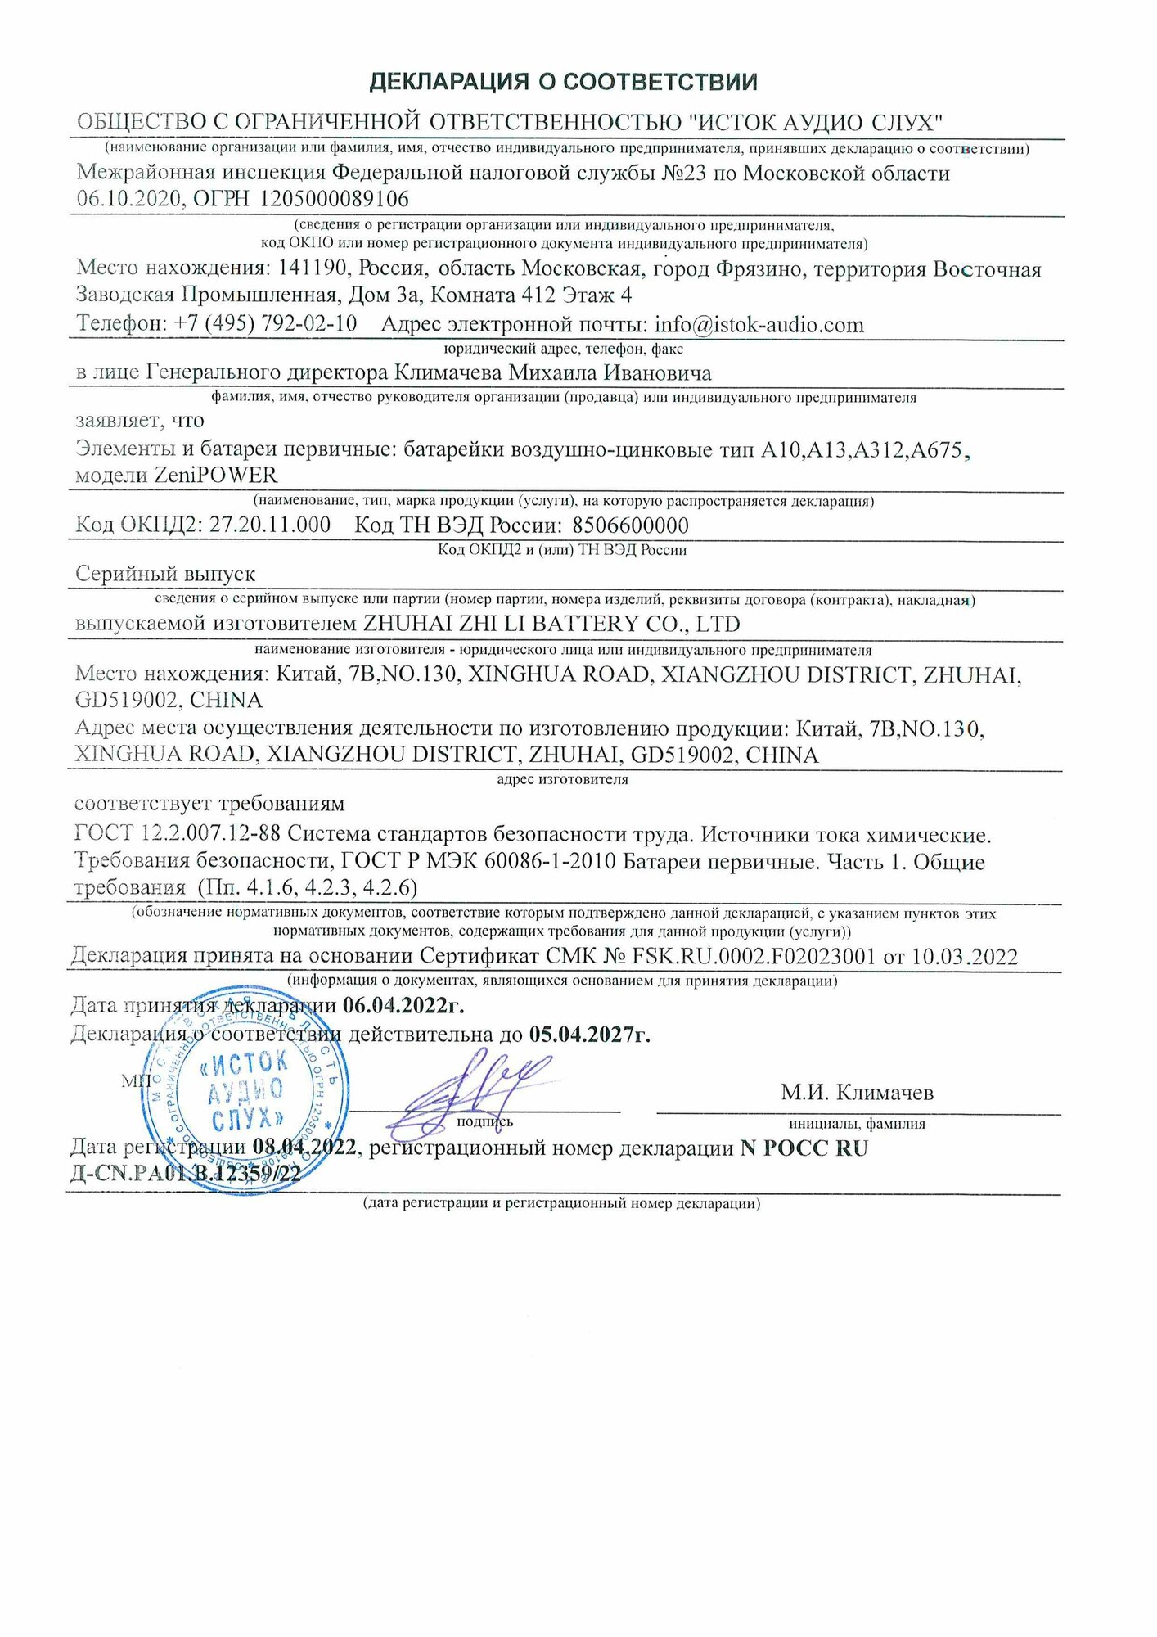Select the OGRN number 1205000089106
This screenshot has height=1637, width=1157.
click(x=335, y=199)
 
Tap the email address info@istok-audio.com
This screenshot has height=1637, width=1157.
click(x=759, y=325)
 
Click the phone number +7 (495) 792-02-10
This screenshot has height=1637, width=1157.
click(x=265, y=323)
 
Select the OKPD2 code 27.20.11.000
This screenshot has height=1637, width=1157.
click(x=270, y=525)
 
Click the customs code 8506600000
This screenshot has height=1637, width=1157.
click(x=630, y=525)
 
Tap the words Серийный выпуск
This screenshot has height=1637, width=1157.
click(x=165, y=574)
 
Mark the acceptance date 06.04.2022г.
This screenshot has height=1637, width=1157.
click(x=403, y=1004)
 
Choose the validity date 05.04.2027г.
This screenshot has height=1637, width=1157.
click(x=589, y=1035)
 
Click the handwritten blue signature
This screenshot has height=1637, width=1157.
click(x=466, y=1093)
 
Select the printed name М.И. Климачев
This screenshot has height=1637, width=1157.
click(x=857, y=1093)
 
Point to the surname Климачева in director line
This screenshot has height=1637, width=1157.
click(x=448, y=373)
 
